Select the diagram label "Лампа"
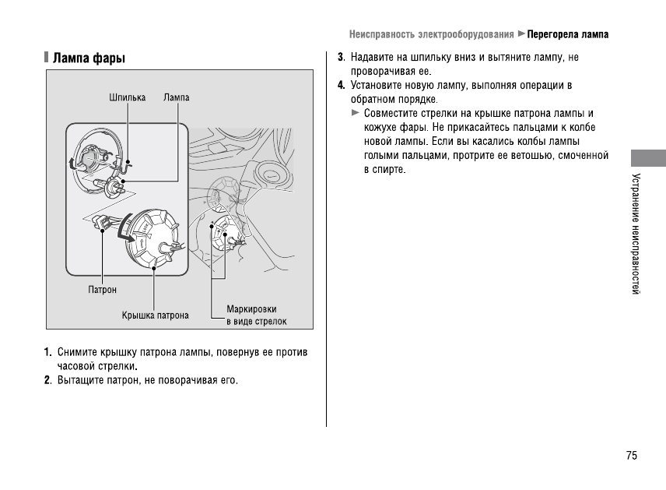pyautogui.click(x=177, y=98)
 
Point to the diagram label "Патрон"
pyautogui.click(x=102, y=290)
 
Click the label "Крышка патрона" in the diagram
pyautogui.click(x=155, y=316)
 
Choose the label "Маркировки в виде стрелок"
pyautogui.click(x=256, y=316)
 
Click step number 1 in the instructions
pyautogui.click(x=47, y=353)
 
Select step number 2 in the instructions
pyautogui.click(x=47, y=380)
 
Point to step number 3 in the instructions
pyautogui.click(x=341, y=58)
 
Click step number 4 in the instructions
pyautogui.click(x=341, y=85)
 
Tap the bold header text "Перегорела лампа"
pyautogui.click(x=568, y=35)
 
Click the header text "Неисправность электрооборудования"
pyautogui.click(x=431, y=35)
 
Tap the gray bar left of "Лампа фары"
pyautogui.click(x=47, y=58)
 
